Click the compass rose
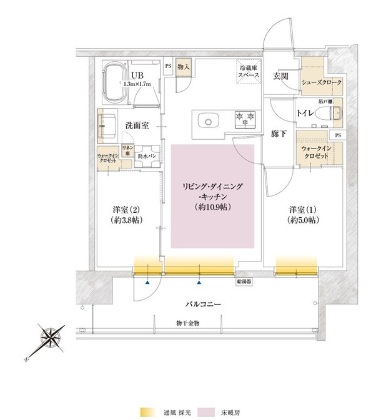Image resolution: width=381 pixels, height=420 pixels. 49,338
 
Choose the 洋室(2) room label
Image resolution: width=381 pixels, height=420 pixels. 121,215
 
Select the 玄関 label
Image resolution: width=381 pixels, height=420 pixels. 280,76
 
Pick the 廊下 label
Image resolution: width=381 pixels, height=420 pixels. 279,134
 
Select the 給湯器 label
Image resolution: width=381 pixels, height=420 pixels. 244,283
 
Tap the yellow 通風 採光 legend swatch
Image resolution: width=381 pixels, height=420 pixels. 147,413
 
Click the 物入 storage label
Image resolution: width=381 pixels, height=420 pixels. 183,67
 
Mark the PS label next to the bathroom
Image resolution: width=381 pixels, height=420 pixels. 167,66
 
